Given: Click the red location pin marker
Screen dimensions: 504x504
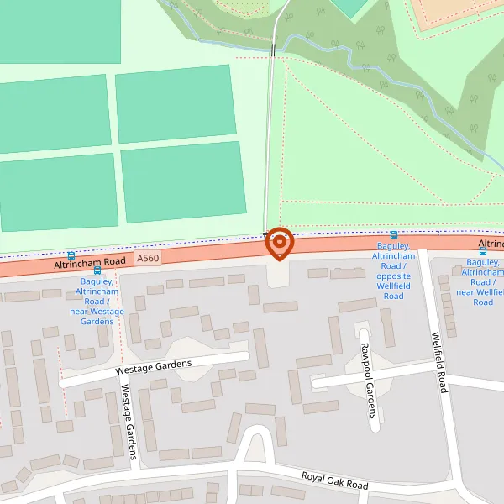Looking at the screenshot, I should pos(279,244).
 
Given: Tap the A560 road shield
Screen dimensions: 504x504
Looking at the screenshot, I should pos(147,259).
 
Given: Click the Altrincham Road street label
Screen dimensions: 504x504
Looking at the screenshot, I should pos(89,264).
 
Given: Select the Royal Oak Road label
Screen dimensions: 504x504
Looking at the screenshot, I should pos(334,480).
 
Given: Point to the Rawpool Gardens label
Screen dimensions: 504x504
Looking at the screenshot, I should pos(365,370).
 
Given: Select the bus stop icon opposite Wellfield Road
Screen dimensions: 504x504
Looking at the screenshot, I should pos(393,235).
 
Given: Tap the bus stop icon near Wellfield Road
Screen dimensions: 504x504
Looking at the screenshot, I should pos(482,249).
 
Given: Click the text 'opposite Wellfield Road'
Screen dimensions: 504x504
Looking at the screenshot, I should pos(393,286).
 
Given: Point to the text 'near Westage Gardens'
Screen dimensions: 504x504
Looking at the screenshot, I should pos(97,317).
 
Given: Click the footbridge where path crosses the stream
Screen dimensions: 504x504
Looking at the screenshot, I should pos(273,49).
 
